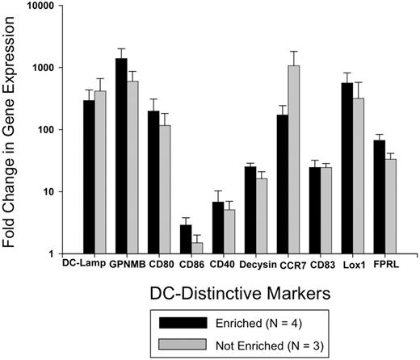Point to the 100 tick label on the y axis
tap(42, 130)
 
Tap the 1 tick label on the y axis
tap(48, 255)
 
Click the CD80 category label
tap(159, 263)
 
